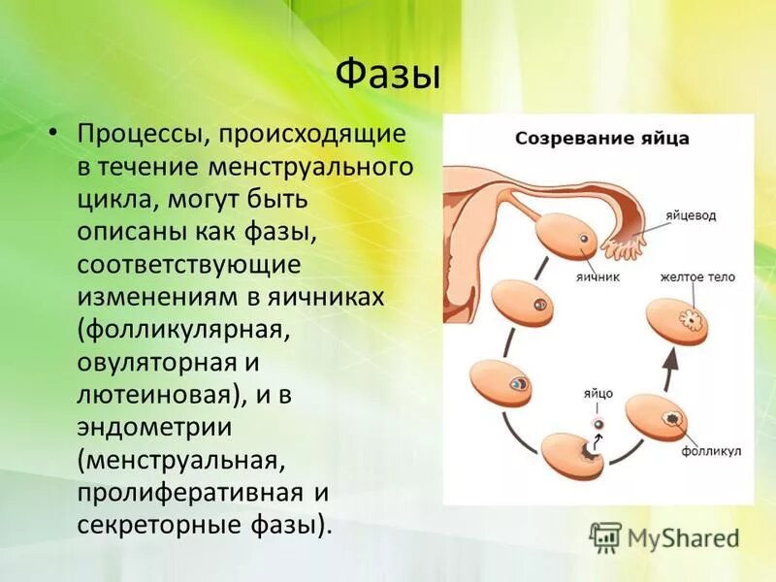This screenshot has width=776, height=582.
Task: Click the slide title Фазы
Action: (387, 76)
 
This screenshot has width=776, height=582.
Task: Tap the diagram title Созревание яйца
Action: (601, 138)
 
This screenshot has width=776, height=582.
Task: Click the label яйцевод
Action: (691, 215)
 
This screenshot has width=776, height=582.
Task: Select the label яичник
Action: (598, 276)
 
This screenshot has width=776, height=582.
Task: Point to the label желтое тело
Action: (697, 276)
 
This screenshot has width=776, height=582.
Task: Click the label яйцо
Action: (598, 394)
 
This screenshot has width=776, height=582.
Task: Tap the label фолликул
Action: (711, 451)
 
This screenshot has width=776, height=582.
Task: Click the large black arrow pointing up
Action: (670, 369)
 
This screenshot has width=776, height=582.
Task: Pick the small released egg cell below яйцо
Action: (599, 424)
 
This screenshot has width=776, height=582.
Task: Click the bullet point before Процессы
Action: (53, 135)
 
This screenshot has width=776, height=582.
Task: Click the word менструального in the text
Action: (310, 167)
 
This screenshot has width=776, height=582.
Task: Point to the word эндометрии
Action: (154, 427)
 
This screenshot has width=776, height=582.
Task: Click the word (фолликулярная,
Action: (183, 330)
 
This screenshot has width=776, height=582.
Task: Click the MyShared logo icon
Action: (604, 537)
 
